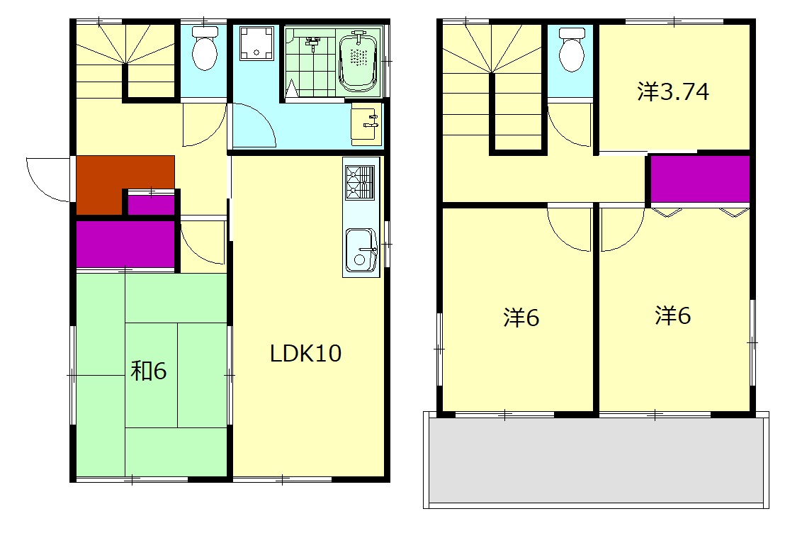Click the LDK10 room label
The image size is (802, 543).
305,353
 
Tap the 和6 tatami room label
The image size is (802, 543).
148,371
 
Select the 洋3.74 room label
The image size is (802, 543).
673,91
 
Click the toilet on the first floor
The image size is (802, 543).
205,49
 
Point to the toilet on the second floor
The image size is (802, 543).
572,50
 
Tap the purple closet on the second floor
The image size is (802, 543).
700,179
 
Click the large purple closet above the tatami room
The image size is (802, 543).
125,244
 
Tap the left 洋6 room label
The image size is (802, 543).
521,318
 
